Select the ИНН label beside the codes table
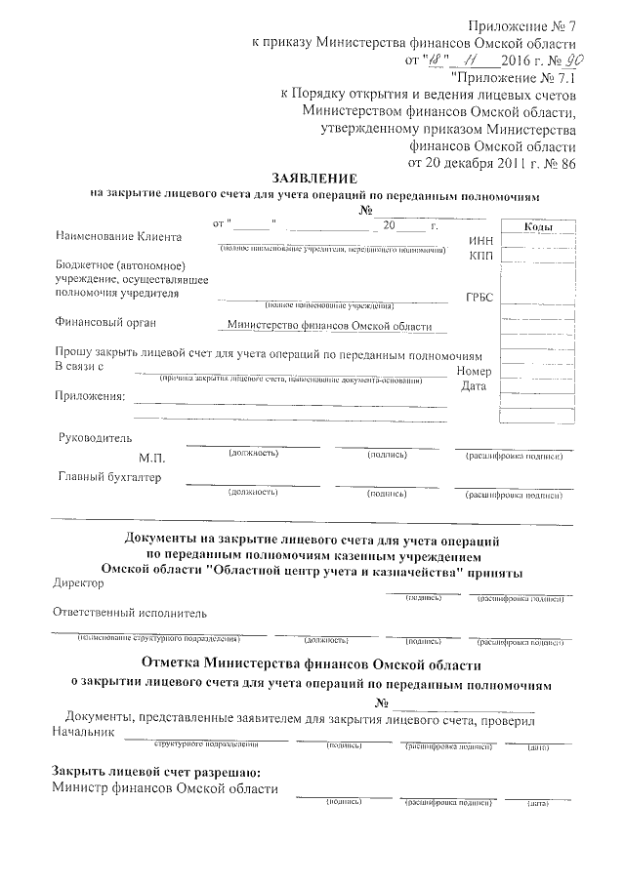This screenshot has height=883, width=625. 481,240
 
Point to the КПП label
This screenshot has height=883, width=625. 481,255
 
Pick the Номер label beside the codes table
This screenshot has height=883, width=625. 473,372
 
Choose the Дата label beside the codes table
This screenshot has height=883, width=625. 475,387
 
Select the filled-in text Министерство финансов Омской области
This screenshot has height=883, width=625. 329,328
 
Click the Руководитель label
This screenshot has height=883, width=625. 95,438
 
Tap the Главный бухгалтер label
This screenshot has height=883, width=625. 109,477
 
